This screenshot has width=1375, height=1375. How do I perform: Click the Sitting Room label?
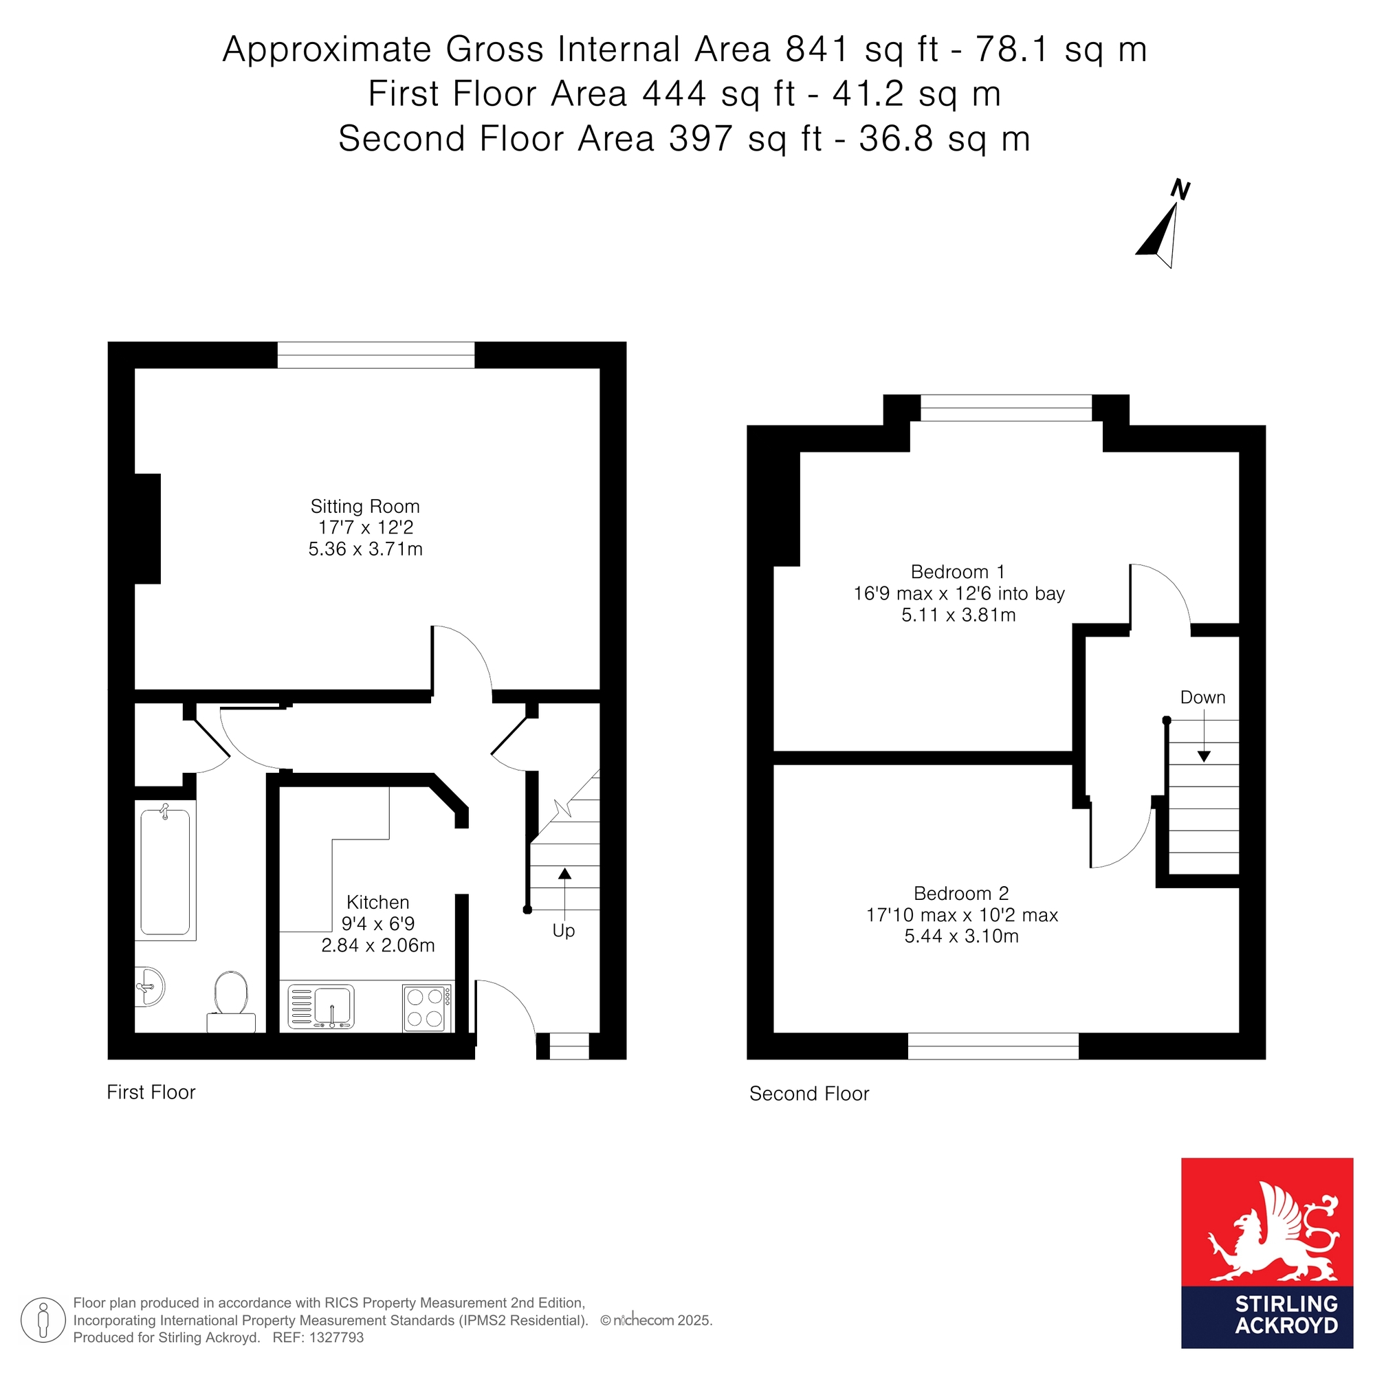coord(365,506)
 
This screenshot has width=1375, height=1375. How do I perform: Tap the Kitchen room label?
coord(378,902)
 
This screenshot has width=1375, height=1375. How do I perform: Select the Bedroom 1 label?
coord(958,571)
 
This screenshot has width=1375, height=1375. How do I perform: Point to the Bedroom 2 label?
coord(962,893)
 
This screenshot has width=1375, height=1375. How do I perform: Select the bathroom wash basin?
coord(149,987)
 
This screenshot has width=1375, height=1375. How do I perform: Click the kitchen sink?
coord(321,1006)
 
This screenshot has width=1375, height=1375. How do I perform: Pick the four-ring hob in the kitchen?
coord(427,1007)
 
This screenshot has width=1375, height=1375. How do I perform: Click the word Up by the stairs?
coord(564,931)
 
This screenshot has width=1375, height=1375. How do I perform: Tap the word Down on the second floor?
coord(1202,697)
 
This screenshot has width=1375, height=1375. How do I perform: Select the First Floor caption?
coord(151,1092)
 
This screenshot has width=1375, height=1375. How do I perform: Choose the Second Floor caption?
coord(809,1094)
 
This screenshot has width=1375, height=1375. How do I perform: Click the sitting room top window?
coord(376,355)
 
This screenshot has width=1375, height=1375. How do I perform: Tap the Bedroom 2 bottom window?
coord(993,1046)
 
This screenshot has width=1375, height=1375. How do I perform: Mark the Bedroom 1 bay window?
coord(1006,408)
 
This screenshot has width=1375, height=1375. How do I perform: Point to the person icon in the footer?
coord(43,1320)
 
